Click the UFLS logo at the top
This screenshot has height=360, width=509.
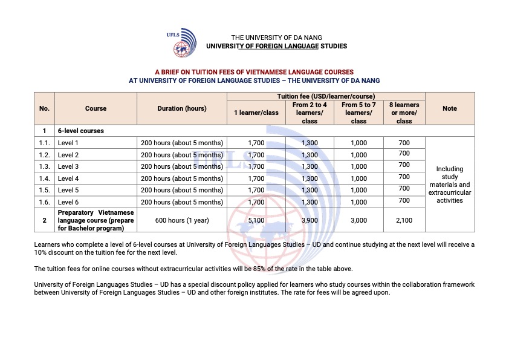coord(181,42)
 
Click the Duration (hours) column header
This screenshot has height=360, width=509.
coord(182,108)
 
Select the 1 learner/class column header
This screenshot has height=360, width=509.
coord(256,113)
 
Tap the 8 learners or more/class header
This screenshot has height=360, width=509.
coord(404,113)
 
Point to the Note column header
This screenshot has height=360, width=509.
coord(450,108)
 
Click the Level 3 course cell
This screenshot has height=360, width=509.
coord(68,166)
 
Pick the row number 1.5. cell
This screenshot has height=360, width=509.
coord(44,190)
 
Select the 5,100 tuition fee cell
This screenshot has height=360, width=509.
coord(256,220)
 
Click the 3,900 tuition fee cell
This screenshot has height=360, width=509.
coord(310,220)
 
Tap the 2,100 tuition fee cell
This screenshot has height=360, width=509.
coord(404,220)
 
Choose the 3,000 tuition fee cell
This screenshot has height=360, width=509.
coord(358,220)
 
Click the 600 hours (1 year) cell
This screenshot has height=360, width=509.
coord(182,220)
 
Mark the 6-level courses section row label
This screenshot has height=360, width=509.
coord(80,131)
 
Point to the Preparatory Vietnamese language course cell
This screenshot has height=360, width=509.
coord(96,220)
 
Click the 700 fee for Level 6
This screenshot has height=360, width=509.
coord(404,200)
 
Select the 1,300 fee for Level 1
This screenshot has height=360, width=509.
coord(310,143)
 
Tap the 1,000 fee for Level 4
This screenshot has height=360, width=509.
coord(358,178)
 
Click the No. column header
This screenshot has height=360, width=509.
coord(44,108)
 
